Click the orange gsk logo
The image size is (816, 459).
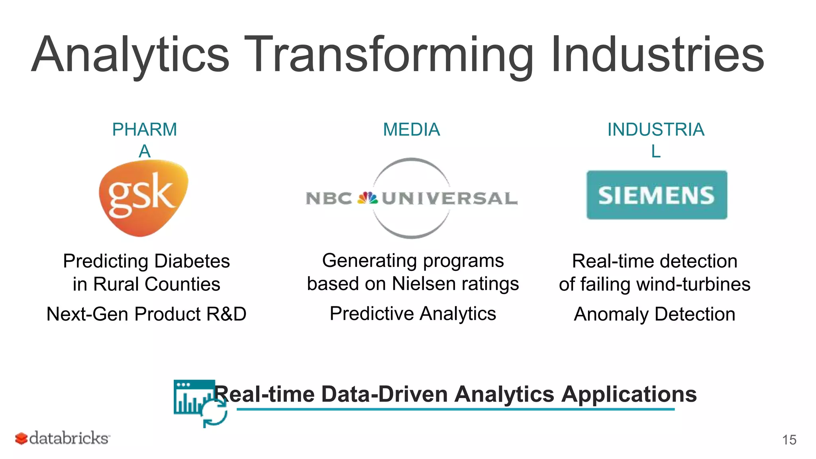click(x=143, y=197)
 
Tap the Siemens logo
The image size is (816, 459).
click(x=657, y=195)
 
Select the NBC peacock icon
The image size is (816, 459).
click(x=367, y=198)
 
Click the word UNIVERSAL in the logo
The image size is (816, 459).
click(x=449, y=198)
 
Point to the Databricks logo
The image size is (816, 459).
click(x=63, y=438)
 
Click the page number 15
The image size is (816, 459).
click(x=789, y=440)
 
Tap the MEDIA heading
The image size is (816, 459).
click(x=411, y=129)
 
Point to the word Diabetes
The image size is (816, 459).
click(x=192, y=261)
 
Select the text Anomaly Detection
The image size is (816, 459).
click(x=654, y=314)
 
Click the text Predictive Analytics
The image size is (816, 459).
click(x=413, y=314)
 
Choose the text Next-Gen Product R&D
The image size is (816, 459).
click(x=146, y=314)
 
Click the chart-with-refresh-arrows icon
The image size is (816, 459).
click(x=200, y=402)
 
